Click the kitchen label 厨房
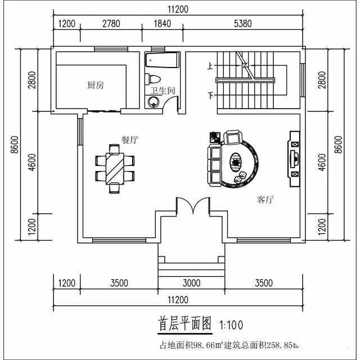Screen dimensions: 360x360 tap(95, 85)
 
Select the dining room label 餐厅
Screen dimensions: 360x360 tap(129, 141)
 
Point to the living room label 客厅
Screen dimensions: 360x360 tap(265, 200)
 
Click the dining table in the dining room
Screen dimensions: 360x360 tap(115, 168)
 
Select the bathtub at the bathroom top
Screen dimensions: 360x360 tap(162, 60)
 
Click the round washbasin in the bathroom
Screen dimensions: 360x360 tap(153, 102)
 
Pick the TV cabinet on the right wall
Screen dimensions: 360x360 tap(294, 159)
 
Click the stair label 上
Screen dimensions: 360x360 tap(210, 66)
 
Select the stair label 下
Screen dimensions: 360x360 tap(211, 96)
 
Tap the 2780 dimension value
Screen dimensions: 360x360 tap(111, 24)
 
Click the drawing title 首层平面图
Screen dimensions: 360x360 tap(184, 325)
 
